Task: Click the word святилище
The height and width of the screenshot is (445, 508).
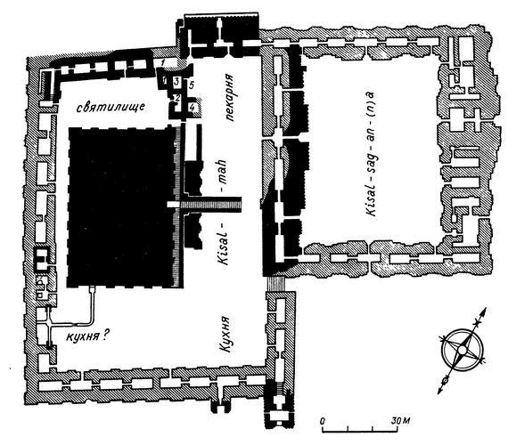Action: tap(111, 106)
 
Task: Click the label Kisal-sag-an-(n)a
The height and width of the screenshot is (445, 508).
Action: tap(371, 154)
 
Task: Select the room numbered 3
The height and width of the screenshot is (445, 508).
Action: tap(176, 81)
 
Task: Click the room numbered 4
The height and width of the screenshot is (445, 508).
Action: tap(193, 107)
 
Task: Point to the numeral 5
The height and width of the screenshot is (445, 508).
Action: tap(191, 85)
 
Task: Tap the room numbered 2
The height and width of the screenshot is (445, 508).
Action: tap(177, 97)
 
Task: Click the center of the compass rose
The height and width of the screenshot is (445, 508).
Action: tap(462, 350)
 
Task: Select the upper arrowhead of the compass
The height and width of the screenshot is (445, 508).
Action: tap(484, 311)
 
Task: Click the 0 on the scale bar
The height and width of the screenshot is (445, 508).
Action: tap(323, 421)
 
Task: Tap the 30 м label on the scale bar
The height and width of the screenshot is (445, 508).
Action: tap(400, 421)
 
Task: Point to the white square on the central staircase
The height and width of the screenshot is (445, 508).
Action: tap(172, 205)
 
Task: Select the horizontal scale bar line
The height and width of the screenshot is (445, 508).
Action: tap(360, 431)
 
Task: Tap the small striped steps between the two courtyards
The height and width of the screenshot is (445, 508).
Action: tap(275, 284)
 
